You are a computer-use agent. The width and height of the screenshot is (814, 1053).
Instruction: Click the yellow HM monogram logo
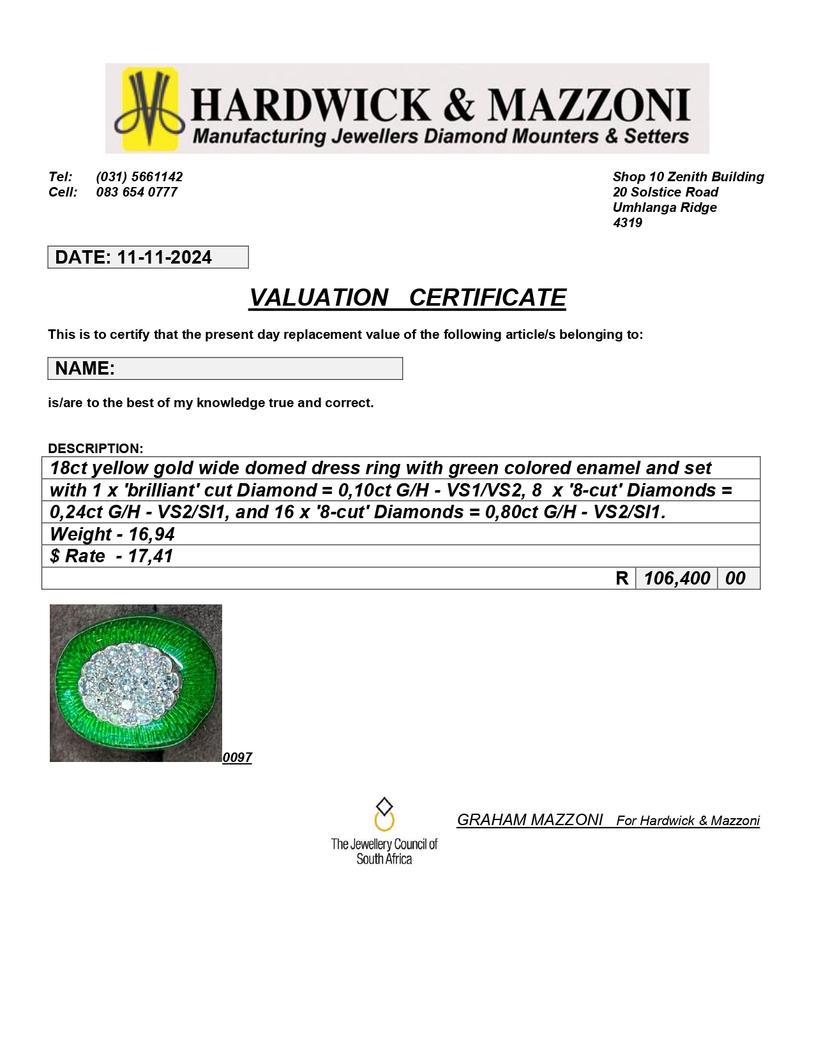click(150, 108)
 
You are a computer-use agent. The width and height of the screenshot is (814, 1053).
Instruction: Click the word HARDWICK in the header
click(311, 105)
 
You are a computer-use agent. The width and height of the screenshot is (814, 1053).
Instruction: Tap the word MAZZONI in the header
click(589, 105)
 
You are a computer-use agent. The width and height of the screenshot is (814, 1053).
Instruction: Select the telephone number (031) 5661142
click(139, 177)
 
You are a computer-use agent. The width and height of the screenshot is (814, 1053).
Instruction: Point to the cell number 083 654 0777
click(137, 192)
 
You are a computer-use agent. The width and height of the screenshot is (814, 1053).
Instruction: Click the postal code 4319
click(627, 223)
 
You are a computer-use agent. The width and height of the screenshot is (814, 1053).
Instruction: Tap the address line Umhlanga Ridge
click(664, 207)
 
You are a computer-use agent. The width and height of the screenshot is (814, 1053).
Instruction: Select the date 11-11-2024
click(164, 257)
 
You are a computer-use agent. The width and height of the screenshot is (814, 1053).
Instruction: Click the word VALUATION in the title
click(318, 297)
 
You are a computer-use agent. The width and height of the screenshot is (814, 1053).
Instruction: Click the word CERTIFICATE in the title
click(487, 297)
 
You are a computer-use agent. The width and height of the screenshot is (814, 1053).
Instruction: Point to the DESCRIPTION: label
click(95, 448)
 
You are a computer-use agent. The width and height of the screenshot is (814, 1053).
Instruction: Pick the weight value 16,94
click(151, 534)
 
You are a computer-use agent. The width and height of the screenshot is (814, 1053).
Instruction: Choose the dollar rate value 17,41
click(150, 556)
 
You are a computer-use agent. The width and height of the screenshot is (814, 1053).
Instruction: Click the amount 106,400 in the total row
click(676, 578)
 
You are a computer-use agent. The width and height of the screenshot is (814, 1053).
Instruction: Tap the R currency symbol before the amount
click(622, 578)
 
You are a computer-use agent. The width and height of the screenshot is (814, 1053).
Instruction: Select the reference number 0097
click(237, 758)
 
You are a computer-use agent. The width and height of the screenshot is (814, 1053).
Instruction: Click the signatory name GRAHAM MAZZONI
click(529, 820)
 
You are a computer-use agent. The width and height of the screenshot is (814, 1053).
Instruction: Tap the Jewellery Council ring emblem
click(384, 814)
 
